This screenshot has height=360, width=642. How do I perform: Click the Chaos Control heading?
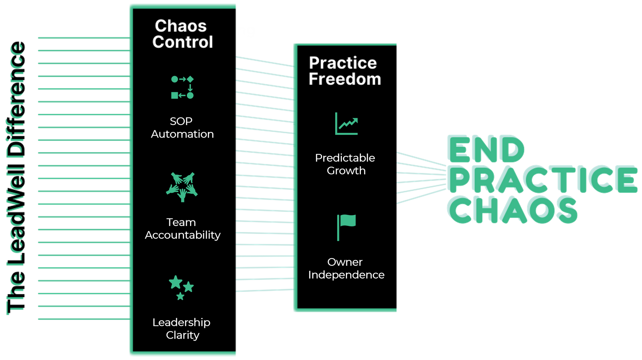tap(182, 34)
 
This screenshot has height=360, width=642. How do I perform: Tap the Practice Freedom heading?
tap(345, 71)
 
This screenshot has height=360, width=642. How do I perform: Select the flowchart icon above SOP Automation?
tap(182, 87)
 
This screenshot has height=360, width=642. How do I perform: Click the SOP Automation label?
tap(182, 128)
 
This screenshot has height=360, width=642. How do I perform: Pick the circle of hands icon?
tap(182, 187)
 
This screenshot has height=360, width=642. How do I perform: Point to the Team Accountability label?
tap(182, 229)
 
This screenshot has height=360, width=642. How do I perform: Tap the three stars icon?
tap(181, 288)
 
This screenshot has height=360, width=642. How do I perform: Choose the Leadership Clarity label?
tap(182, 329)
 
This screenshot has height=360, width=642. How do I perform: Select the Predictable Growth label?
tap(345, 164)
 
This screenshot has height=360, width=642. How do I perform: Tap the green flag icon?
tap(346, 228)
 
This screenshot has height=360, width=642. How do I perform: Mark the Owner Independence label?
tap(346, 269)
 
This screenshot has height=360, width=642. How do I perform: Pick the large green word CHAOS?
tap(512, 210)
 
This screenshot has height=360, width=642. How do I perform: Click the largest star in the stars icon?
tap(176, 282)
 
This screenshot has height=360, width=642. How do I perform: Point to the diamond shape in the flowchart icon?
tap(190, 79)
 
